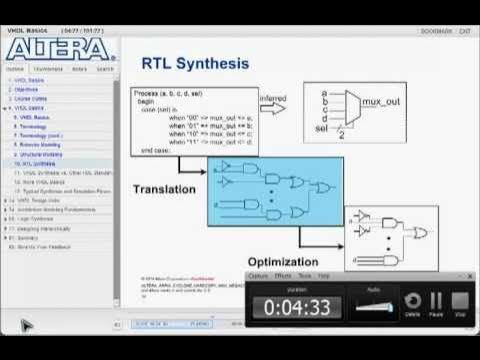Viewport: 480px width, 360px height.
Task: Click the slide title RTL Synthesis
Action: coord(195,64)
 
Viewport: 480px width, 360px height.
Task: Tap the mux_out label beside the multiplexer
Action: coord(391,102)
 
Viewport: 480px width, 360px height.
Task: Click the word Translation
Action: coord(164,188)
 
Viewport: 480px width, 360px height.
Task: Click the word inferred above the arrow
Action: coord(273,98)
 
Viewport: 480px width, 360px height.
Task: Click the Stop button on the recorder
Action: coord(460,303)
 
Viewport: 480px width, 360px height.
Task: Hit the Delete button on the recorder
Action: coord(412,303)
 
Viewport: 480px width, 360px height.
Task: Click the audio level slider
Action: coord(372,307)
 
